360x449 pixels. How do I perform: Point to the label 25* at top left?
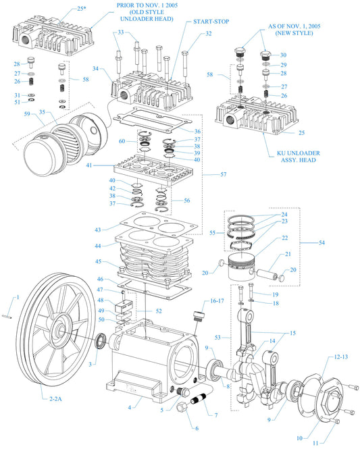pos(82,9)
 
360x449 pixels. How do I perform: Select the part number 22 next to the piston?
pos(285,238)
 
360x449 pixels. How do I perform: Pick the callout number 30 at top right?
pos(283,55)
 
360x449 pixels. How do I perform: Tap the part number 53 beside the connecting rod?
pos(217,336)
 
